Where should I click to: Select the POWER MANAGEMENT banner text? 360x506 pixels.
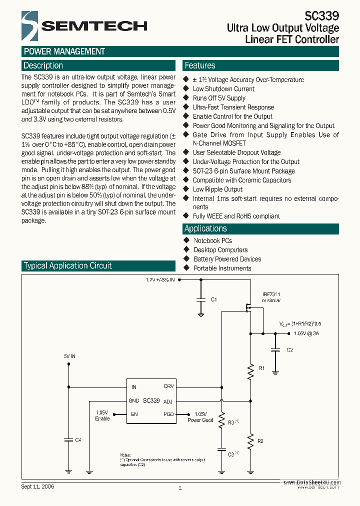[x=64, y=51]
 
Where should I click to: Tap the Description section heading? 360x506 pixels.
[x=43, y=65]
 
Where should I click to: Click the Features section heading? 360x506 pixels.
[x=200, y=65]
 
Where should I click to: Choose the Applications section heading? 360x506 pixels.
[x=205, y=228]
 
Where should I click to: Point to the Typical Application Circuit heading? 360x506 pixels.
[x=68, y=265]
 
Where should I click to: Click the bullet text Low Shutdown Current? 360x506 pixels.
[x=223, y=89]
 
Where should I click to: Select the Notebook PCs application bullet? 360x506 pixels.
[x=212, y=240]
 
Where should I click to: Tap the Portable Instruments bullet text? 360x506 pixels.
[x=222, y=268]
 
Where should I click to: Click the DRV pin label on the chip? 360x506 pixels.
[x=169, y=386]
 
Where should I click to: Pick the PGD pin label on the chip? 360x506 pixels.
[x=168, y=414]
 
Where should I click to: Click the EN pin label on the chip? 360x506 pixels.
[x=134, y=414]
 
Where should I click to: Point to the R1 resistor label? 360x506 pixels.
[x=261, y=368]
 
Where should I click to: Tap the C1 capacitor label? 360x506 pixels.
[x=213, y=299]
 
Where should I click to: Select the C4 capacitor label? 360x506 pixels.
[x=78, y=440]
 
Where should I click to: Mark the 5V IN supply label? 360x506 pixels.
[x=69, y=356]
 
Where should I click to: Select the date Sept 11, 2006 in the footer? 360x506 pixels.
[x=37, y=486]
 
